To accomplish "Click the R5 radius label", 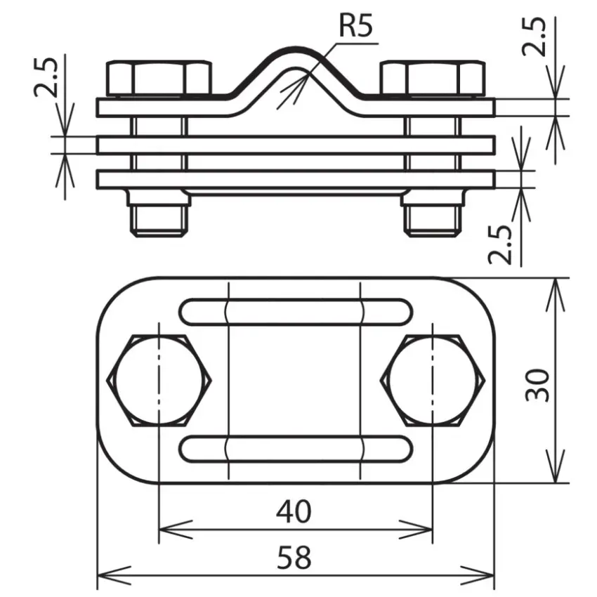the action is (355, 26).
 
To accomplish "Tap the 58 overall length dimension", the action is (294, 558).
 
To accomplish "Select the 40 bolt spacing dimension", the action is (294, 511).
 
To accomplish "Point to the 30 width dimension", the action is (537, 385).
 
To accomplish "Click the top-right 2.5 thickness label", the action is (534, 37).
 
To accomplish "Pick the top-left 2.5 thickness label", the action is (46, 77).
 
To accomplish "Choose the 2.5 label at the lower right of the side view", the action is (500, 244).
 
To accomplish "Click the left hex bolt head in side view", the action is (159, 78).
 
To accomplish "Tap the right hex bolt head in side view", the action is (433, 78).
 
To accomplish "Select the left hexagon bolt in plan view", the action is (159, 381).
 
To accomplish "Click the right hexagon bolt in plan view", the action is (433, 381).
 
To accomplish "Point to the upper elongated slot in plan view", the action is (296, 312).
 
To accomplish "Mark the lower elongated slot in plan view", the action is (296, 449).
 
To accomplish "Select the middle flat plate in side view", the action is (296, 145).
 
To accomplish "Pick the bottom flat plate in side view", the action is (296, 179).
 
